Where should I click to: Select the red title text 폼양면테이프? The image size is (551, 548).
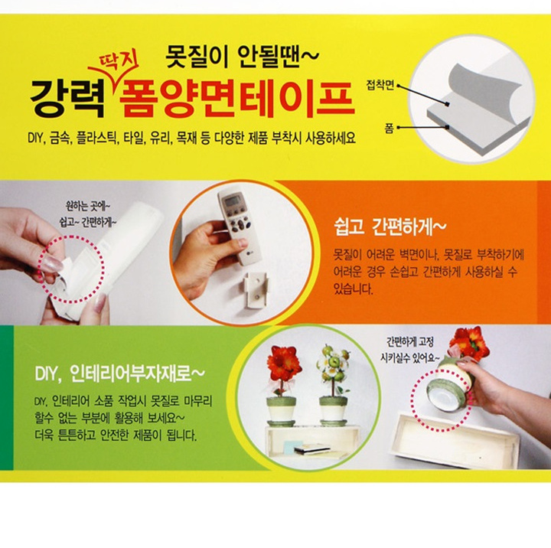[x=236, y=98]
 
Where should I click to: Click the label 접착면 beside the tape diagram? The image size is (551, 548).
[x=380, y=86]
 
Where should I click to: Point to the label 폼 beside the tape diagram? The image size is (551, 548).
[x=390, y=129]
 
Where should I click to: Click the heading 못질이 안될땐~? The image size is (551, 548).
[x=242, y=57]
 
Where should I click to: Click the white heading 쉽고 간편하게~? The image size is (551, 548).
[x=390, y=227]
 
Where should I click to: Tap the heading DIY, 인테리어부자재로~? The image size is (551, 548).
[x=119, y=373]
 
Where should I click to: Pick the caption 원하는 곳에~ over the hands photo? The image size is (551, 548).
[x=88, y=205]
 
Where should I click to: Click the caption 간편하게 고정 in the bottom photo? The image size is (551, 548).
[x=409, y=341]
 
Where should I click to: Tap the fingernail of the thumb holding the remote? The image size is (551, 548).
[x=243, y=243]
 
